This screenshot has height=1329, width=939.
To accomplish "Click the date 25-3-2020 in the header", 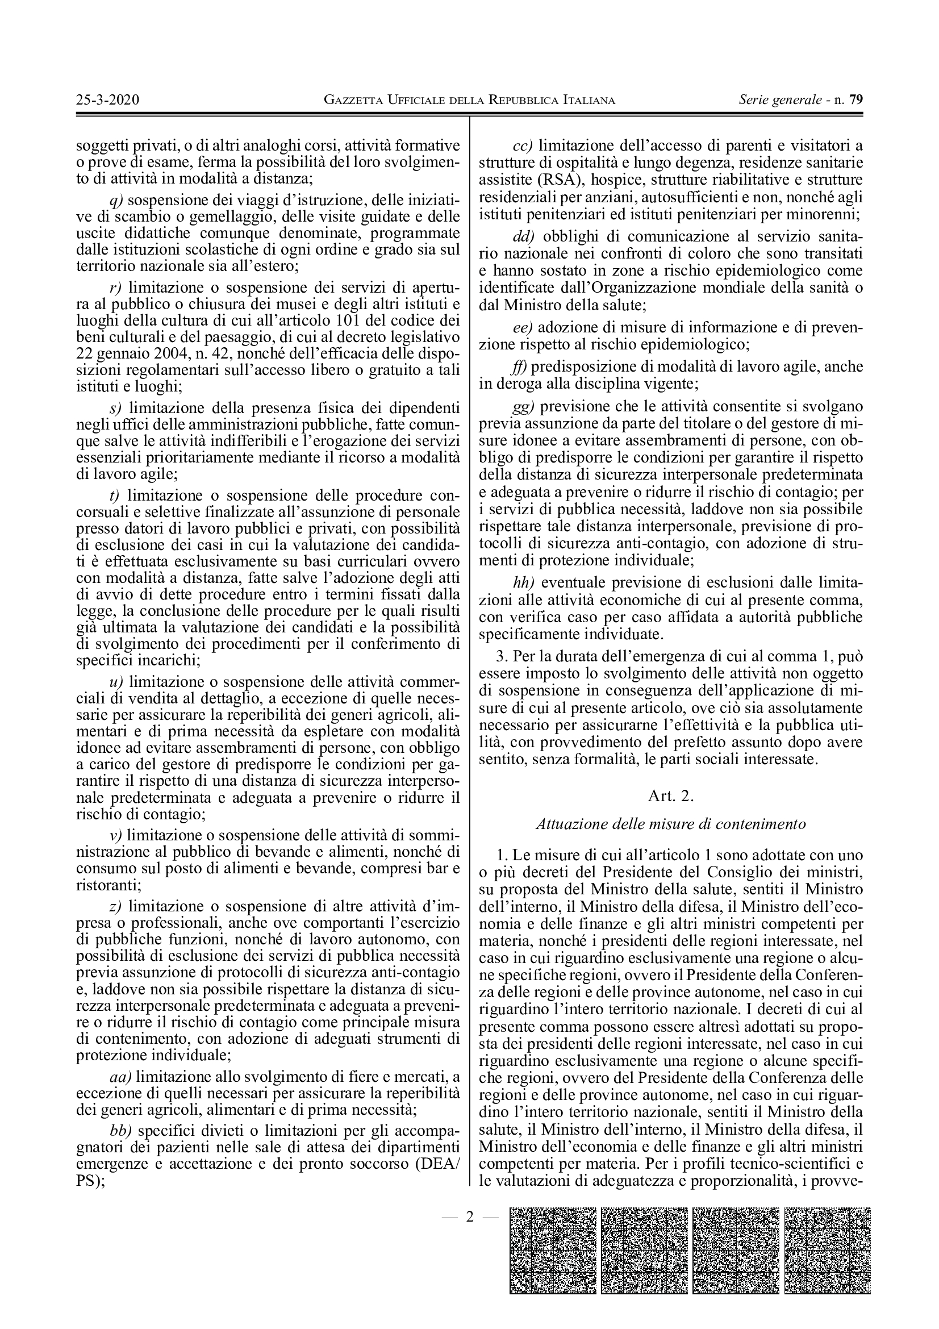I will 107,100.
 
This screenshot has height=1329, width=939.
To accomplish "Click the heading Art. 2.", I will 670,796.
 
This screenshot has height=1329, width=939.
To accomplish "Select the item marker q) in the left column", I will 116,201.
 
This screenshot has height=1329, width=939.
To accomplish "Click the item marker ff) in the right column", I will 521,366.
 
